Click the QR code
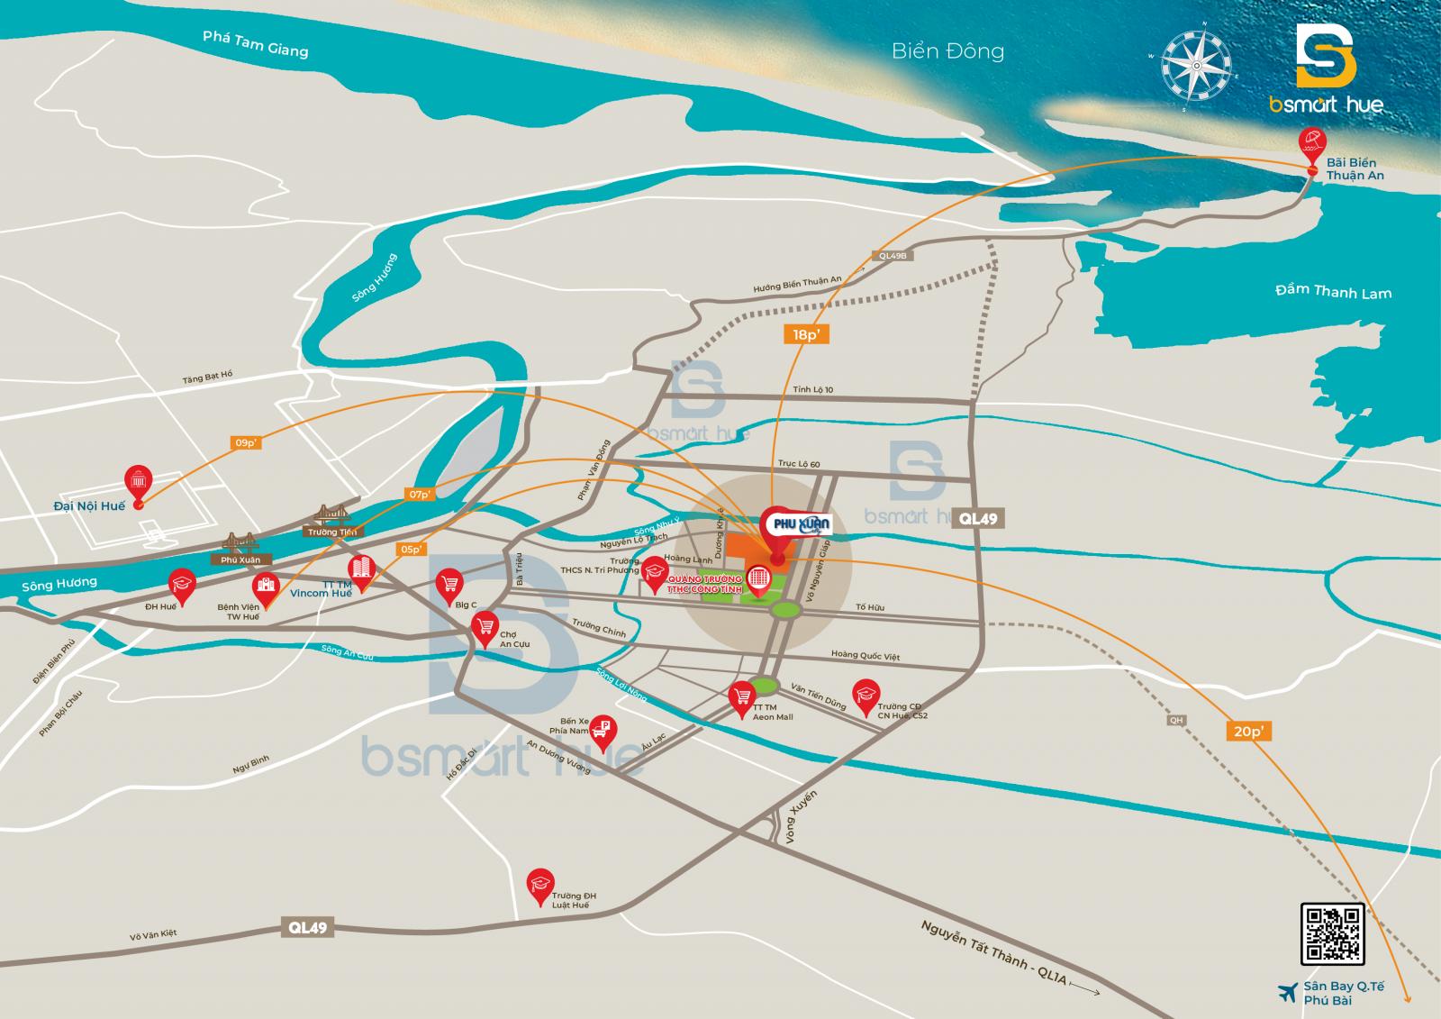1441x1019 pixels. click(1332, 933)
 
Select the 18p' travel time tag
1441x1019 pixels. click(804, 334)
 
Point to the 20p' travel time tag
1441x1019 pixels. click(1247, 731)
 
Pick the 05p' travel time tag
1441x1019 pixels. click(410, 549)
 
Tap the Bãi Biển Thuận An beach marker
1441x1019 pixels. click(1311, 144)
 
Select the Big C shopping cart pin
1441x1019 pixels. click(449, 584)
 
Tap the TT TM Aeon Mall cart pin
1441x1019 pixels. click(742, 696)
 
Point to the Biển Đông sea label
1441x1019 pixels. click(947, 51)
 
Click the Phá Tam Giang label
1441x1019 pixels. click(255, 43)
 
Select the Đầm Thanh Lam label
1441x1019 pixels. click(1333, 291)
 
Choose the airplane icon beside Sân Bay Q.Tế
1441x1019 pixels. click(1287, 991)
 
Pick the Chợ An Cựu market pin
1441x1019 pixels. click(487, 623)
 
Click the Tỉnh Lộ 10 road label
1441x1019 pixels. click(813, 389)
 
